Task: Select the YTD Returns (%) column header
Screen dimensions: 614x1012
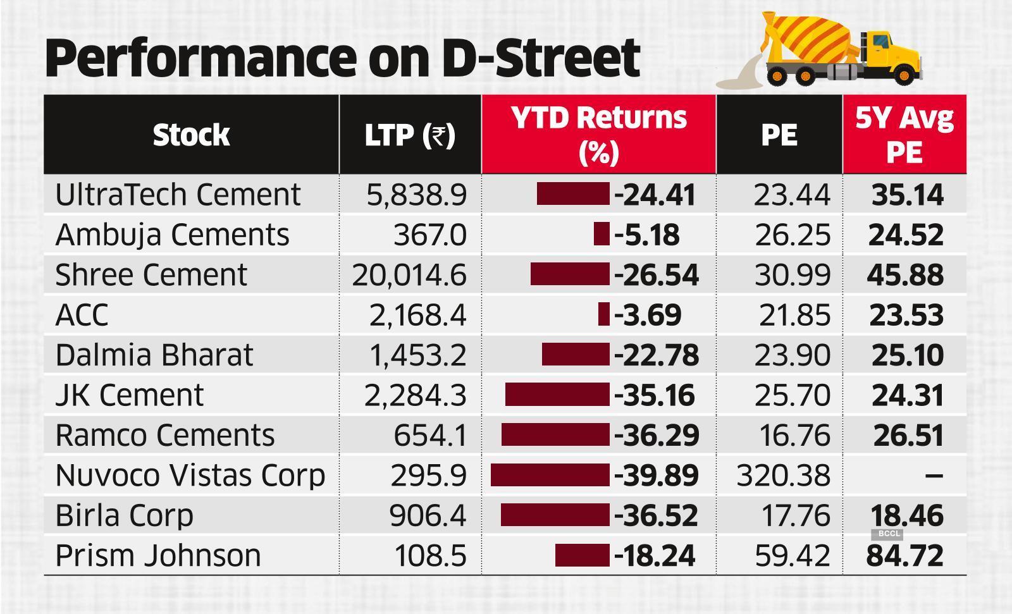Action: pos(598,135)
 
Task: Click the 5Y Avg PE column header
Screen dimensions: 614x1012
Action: pos(904,135)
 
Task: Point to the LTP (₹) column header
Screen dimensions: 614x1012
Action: pos(410,135)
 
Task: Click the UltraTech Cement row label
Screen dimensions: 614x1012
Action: pos(178,195)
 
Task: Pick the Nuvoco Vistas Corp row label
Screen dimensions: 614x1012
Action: pos(190,476)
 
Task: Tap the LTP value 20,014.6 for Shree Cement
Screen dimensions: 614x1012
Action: pos(409,275)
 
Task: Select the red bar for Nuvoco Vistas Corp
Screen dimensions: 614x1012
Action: pos(550,476)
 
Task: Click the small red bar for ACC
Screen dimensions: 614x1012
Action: pos(603,314)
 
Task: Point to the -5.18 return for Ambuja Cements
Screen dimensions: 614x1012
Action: pos(646,235)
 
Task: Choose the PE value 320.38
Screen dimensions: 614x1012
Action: pos(783,476)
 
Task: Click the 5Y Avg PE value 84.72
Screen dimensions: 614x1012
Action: pos(905,556)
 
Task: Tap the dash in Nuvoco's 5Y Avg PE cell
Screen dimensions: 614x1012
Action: pos(934,476)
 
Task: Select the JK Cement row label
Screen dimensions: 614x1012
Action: pos(130,395)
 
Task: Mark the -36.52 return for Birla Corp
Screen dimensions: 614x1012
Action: pos(656,515)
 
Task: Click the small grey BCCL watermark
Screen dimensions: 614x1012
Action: pos(888,534)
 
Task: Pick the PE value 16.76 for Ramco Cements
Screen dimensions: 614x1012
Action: pos(794,436)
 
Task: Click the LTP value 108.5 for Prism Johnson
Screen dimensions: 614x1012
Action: pos(430,556)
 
